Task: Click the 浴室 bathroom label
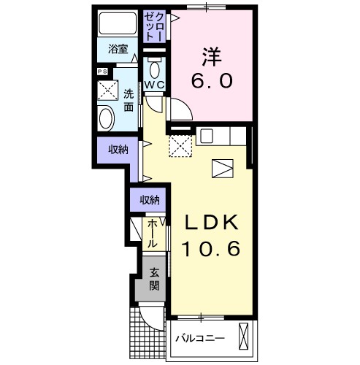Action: pyautogui.click(x=118, y=49)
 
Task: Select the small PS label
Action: pyautogui.click(x=102, y=72)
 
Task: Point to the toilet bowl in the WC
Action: pyautogui.click(x=155, y=70)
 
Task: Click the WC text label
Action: pyautogui.click(x=155, y=85)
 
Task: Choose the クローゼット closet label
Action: pyautogui.click(x=153, y=26)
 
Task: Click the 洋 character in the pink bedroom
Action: pyautogui.click(x=211, y=57)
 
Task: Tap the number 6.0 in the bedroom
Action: pyautogui.click(x=212, y=81)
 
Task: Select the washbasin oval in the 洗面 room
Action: pyautogui.click(x=107, y=119)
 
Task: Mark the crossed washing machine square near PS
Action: pyautogui.click(x=108, y=91)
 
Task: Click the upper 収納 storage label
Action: pyautogui.click(x=118, y=150)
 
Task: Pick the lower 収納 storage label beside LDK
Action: pyautogui.click(x=150, y=200)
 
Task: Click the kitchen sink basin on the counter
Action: pyautogui.click(x=207, y=135)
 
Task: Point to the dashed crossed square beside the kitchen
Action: pyautogui.click(x=180, y=146)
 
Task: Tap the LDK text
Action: pyautogui.click(x=212, y=223)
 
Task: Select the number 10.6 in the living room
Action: pyautogui.click(x=212, y=249)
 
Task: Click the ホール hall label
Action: pyautogui.click(x=153, y=234)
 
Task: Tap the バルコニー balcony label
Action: pyautogui.click(x=200, y=339)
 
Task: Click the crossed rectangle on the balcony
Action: pyautogui.click(x=243, y=337)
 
